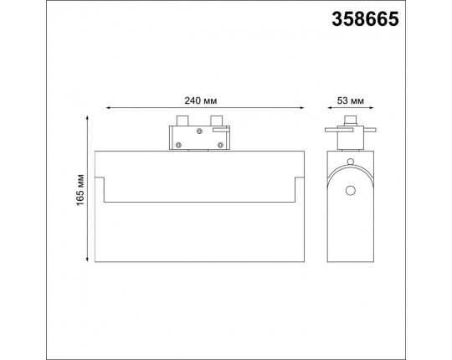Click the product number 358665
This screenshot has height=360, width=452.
(x=365, y=19)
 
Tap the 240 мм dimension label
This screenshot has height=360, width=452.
(x=201, y=100)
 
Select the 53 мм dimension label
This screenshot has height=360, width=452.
(x=351, y=100)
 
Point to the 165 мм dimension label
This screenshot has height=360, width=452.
(x=80, y=190)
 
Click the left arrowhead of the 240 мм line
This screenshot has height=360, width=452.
(x=108, y=108)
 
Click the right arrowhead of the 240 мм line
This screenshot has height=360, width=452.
(x=301, y=108)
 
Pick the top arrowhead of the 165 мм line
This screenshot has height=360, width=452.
(x=87, y=118)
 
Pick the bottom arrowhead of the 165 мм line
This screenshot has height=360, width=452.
(x=87, y=260)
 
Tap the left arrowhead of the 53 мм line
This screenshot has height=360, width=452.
(x=330, y=108)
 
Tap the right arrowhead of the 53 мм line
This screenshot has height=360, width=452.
(x=371, y=108)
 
